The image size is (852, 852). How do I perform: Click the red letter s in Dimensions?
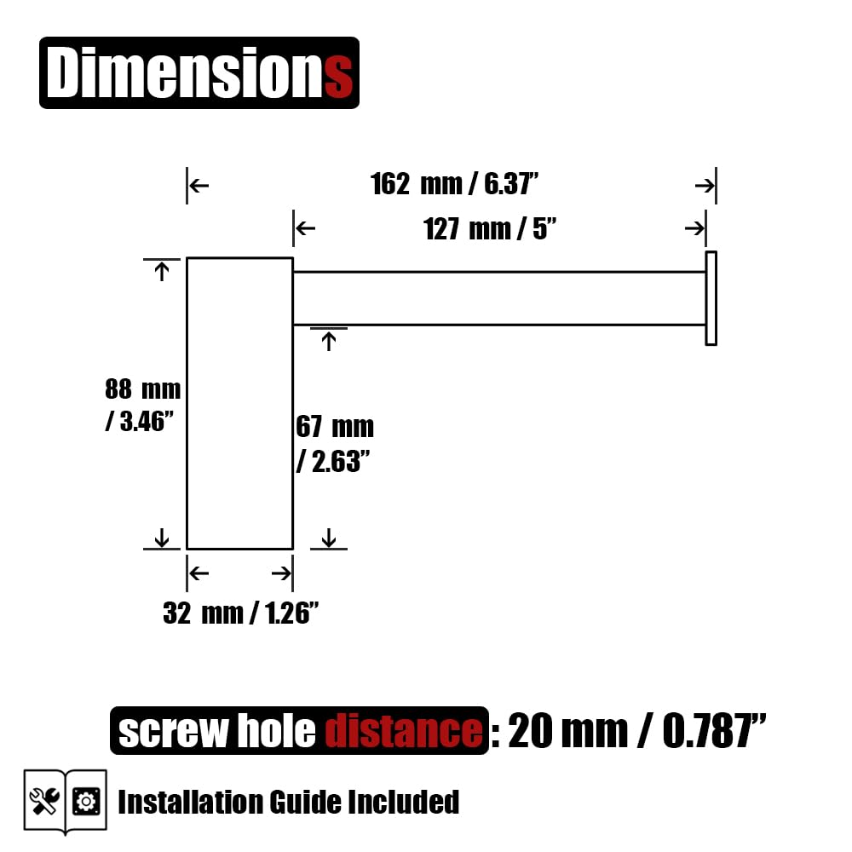[338, 76]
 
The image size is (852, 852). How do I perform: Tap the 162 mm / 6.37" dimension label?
[454, 184]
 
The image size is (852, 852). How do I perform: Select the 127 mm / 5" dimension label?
[490, 228]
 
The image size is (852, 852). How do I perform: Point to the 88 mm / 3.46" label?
[142, 406]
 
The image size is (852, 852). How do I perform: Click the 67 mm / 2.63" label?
[335, 444]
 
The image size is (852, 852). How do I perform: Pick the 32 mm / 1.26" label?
[240, 613]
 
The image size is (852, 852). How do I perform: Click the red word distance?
[404, 730]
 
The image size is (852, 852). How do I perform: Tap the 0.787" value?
[714, 730]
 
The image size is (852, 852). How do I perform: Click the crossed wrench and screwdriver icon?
[44, 802]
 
